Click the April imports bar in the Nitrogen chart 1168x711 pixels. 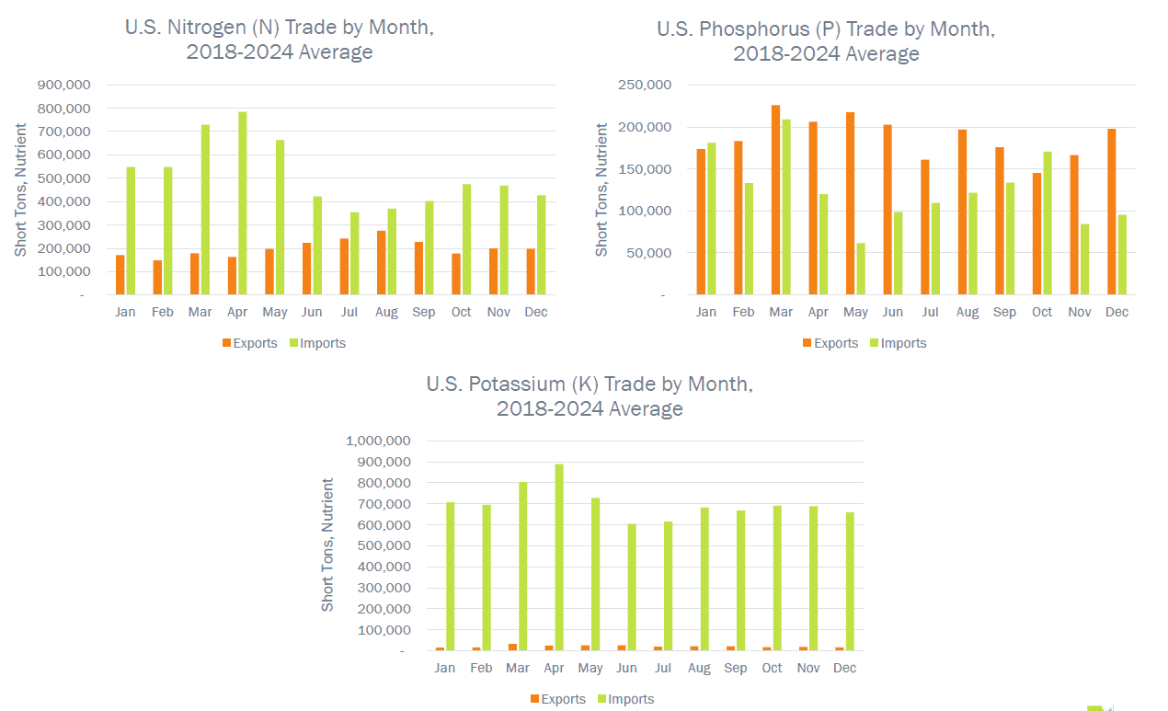point(243,203)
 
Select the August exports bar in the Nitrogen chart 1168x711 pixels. point(382,263)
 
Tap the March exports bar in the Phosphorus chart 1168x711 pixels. point(775,200)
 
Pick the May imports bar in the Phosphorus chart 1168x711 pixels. point(860,269)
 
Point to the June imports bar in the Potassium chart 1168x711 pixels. point(632,588)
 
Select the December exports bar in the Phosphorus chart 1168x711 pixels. point(1112,212)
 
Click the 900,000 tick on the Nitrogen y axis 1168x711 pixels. point(63,85)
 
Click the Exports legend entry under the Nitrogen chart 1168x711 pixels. point(249,343)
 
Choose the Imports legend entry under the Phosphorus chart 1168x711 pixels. point(898,343)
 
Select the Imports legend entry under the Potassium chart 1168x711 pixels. point(625,699)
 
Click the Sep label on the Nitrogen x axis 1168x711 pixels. point(424,312)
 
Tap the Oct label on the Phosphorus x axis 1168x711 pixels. point(1042,312)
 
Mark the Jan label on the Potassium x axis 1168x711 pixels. point(445,668)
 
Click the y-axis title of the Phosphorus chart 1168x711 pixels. point(602,189)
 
